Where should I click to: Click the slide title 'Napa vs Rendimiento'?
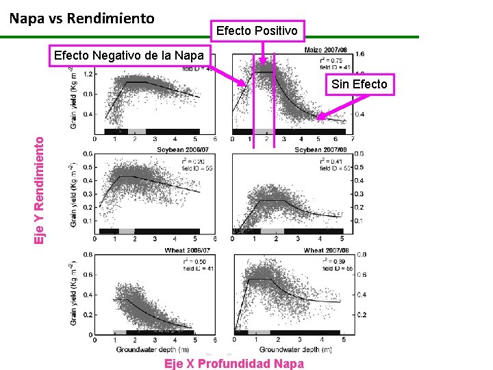pos(82,18)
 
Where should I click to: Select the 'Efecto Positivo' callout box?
pos(257,31)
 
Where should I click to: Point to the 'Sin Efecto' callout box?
pos(359,84)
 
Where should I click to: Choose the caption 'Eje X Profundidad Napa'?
pos(234,364)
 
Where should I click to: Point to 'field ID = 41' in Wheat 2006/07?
pos(197,269)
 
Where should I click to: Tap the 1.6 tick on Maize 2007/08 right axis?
pos(359,53)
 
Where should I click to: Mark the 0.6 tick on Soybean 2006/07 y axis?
pos(88,153)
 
